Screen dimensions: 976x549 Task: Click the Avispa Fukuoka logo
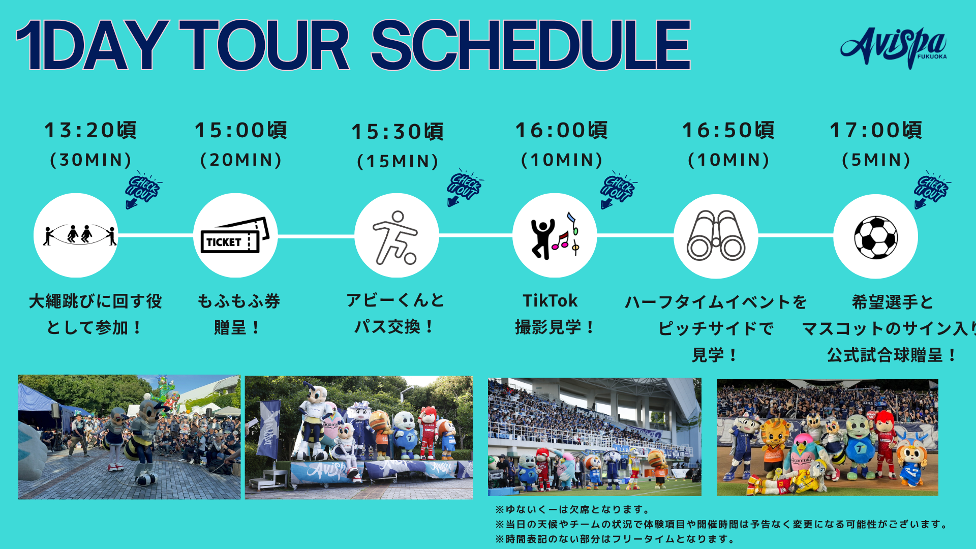pos(894,47)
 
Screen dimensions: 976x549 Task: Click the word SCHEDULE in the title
pos(531,46)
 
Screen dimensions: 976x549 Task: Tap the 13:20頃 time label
pos(90,130)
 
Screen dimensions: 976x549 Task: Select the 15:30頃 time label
pos(398,132)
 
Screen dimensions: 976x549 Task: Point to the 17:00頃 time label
pos(876,130)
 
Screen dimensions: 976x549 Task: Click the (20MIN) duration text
pos(240,160)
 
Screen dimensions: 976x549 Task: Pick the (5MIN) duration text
pos(876,160)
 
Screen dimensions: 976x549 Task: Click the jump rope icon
pos(79,235)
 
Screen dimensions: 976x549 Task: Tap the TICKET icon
pos(235,235)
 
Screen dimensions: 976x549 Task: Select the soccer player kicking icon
pos(395,238)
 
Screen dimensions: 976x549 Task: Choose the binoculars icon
pos(716,235)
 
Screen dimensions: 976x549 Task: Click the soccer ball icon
pos(876,237)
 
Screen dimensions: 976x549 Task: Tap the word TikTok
pos(550,301)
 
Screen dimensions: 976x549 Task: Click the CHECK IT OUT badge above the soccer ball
pos(931,190)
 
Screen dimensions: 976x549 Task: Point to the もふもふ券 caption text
pos(238,301)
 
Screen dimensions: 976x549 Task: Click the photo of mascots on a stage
pos(359,437)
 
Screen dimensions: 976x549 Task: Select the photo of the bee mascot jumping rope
pos(129,437)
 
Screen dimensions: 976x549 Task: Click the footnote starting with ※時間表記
pos(615,539)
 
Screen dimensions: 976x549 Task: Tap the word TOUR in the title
pos(264,46)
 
